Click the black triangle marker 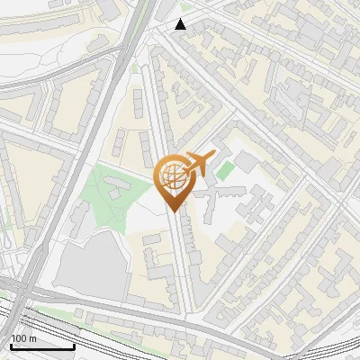[181, 24]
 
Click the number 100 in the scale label [19, 338]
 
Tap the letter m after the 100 [32, 338]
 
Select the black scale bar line [42, 346]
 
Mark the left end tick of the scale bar [12, 345]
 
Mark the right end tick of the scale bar [74, 345]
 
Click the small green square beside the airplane [224, 168]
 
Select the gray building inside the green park [116, 186]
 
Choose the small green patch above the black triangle [186, 6]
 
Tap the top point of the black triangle [181, 19]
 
